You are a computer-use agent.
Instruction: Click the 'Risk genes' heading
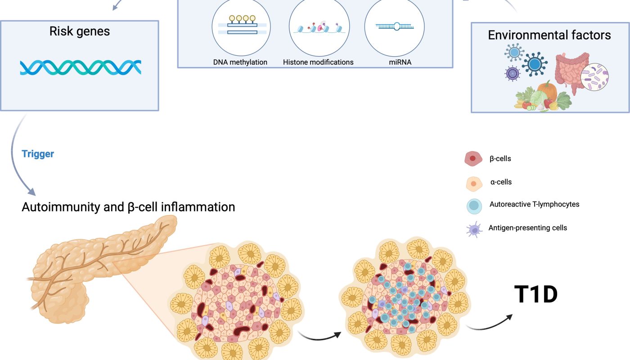(x=80, y=31)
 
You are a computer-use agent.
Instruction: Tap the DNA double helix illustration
(x=81, y=67)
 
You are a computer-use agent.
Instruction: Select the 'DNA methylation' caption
(x=240, y=62)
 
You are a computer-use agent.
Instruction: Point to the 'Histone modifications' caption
(x=318, y=62)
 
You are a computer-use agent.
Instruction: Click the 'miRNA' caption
(x=400, y=62)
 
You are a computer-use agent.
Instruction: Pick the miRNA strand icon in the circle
(x=395, y=27)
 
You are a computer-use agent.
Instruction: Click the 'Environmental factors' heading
(x=549, y=35)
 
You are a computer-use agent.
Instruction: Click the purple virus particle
(x=512, y=74)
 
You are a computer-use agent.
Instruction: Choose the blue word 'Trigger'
(x=38, y=154)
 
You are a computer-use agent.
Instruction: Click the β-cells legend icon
(x=473, y=158)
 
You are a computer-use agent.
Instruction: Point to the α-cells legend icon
(x=474, y=184)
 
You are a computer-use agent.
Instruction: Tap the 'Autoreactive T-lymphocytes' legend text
(x=535, y=204)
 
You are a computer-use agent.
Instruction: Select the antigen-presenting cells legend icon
(x=474, y=229)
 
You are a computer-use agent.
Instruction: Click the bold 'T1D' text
(x=536, y=294)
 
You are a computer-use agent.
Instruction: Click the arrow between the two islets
(x=319, y=337)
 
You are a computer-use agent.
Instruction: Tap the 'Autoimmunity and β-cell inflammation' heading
(x=128, y=207)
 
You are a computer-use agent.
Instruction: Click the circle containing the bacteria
(x=594, y=77)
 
